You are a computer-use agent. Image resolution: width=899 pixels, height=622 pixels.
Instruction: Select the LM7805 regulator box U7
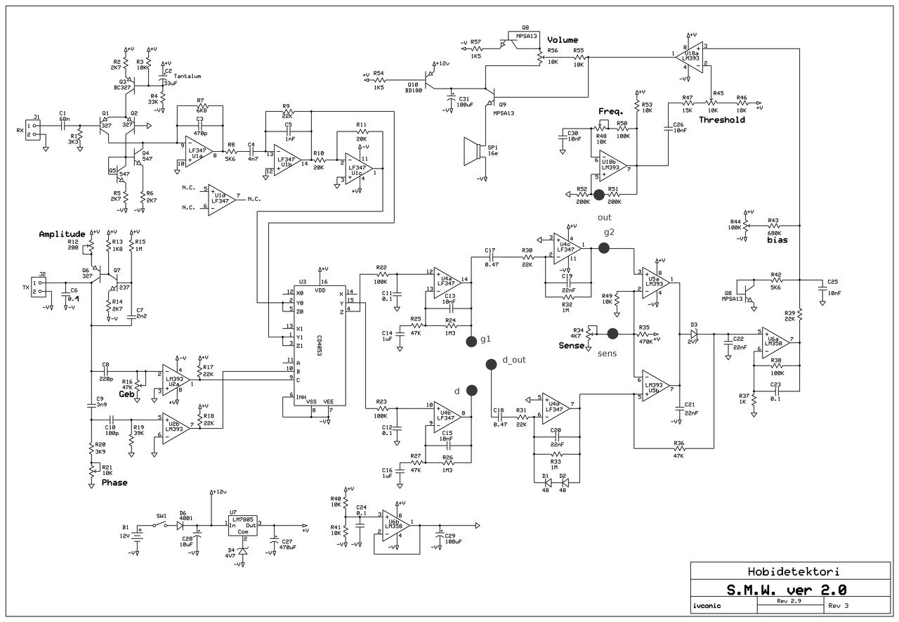coord(243,526)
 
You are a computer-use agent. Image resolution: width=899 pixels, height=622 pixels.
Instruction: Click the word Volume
coord(563,40)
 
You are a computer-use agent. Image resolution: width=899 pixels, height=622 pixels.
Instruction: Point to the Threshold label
coord(721,120)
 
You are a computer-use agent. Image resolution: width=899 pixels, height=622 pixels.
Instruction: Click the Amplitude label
coord(63,234)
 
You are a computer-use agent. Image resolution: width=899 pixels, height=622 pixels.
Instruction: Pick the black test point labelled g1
coord(471,342)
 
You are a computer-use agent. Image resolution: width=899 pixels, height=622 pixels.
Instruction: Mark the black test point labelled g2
coord(603,247)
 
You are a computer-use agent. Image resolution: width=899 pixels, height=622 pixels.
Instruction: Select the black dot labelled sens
coord(612,333)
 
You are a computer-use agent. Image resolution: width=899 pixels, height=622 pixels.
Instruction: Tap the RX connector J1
coord(32,129)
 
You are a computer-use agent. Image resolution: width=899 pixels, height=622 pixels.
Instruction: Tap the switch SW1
coord(162,524)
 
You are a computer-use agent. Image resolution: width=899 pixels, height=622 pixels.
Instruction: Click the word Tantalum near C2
coord(188,76)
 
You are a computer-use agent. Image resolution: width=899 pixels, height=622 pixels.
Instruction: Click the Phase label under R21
coord(114,483)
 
